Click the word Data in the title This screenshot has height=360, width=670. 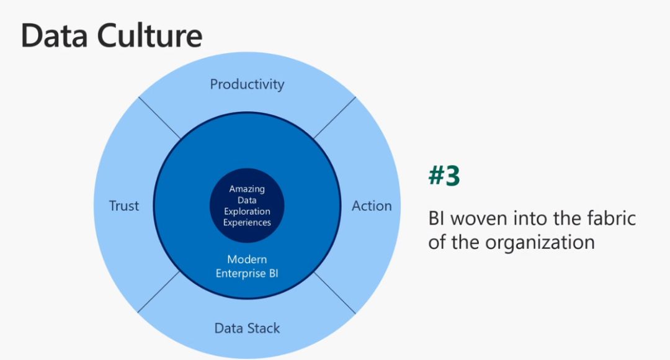pos(54,35)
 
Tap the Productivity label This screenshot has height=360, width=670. pos(247,84)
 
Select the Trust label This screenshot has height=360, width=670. pos(124,205)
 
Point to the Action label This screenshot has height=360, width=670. pos(372,205)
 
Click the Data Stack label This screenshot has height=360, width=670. pos(247,328)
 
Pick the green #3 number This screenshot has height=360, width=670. pos(444,175)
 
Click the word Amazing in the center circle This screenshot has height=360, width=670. pos(247,189)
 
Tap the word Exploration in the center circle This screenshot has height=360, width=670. pos(247,211)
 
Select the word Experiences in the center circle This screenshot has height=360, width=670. pos(247,222)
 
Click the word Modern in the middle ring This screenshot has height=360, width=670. pos(247,259)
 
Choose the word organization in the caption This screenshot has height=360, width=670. pos(540,243)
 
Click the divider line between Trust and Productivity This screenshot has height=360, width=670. pos(160,118)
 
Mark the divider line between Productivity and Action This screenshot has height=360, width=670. pos(334,118)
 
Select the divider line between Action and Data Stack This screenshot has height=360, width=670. pos(334,293)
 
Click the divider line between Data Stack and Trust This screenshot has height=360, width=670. pos(159,292)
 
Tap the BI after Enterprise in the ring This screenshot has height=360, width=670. pos(274,274)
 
